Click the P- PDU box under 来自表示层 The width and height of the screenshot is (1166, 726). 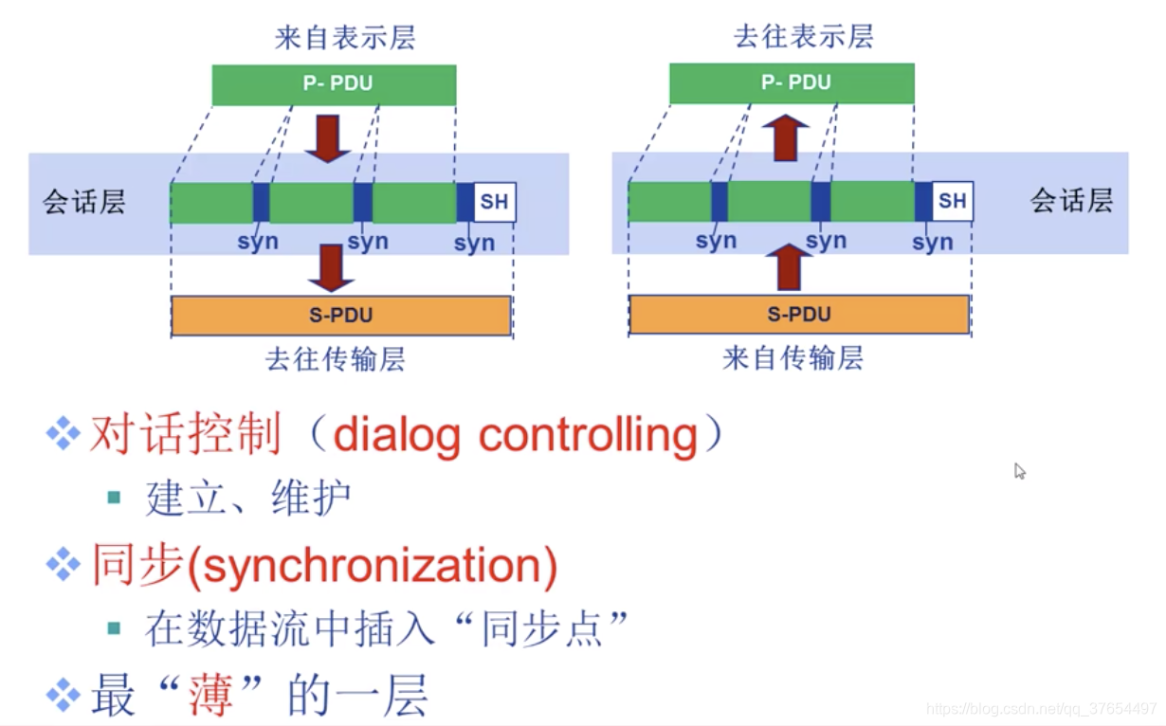pyautogui.click(x=334, y=83)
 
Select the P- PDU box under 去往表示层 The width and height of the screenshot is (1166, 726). pyautogui.click(x=792, y=82)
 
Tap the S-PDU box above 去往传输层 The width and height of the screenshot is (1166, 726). pyautogui.click(x=341, y=315)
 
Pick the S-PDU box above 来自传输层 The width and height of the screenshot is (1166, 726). pyautogui.click(x=798, y=315)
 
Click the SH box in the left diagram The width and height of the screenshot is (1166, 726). pyautogui.click(x=494, y=202)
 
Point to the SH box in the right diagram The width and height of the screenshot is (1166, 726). pyautogui.click(x=952, y=201)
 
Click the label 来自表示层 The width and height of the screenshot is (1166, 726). pyautogui.click(x=345, y=38)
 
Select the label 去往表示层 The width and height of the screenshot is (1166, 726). pyautogui.click(x=803, y=36)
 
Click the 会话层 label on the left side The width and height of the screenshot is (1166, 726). pyautogui.click(x=83, y=202)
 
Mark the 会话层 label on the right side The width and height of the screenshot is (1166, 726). pyautogui.click(x=1071, y=201)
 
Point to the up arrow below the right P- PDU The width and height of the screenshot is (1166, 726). pyautogui.click(x=786, y=138)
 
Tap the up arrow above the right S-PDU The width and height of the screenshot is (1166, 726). pyautogui.click(x=787, y=266)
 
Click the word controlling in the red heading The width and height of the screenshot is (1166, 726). pyautogui.click(x=588, y=435)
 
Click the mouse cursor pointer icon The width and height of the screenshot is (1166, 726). pyautogui.click(x=1019, y=470)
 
